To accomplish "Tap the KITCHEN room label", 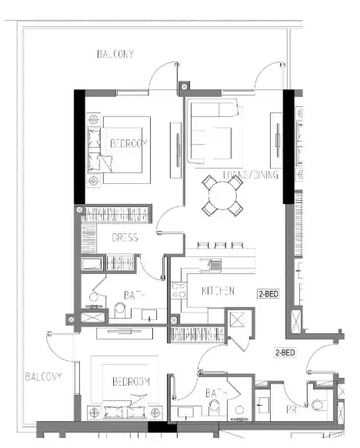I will click(218, 292).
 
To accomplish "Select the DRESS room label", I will click(125, 238).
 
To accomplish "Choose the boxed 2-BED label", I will click(267, 293).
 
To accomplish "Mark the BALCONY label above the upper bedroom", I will click(115, 55).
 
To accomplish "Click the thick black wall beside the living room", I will click(288, 146).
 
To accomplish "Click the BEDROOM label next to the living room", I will click(128, 143).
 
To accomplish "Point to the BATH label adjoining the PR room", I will click(215, 393).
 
